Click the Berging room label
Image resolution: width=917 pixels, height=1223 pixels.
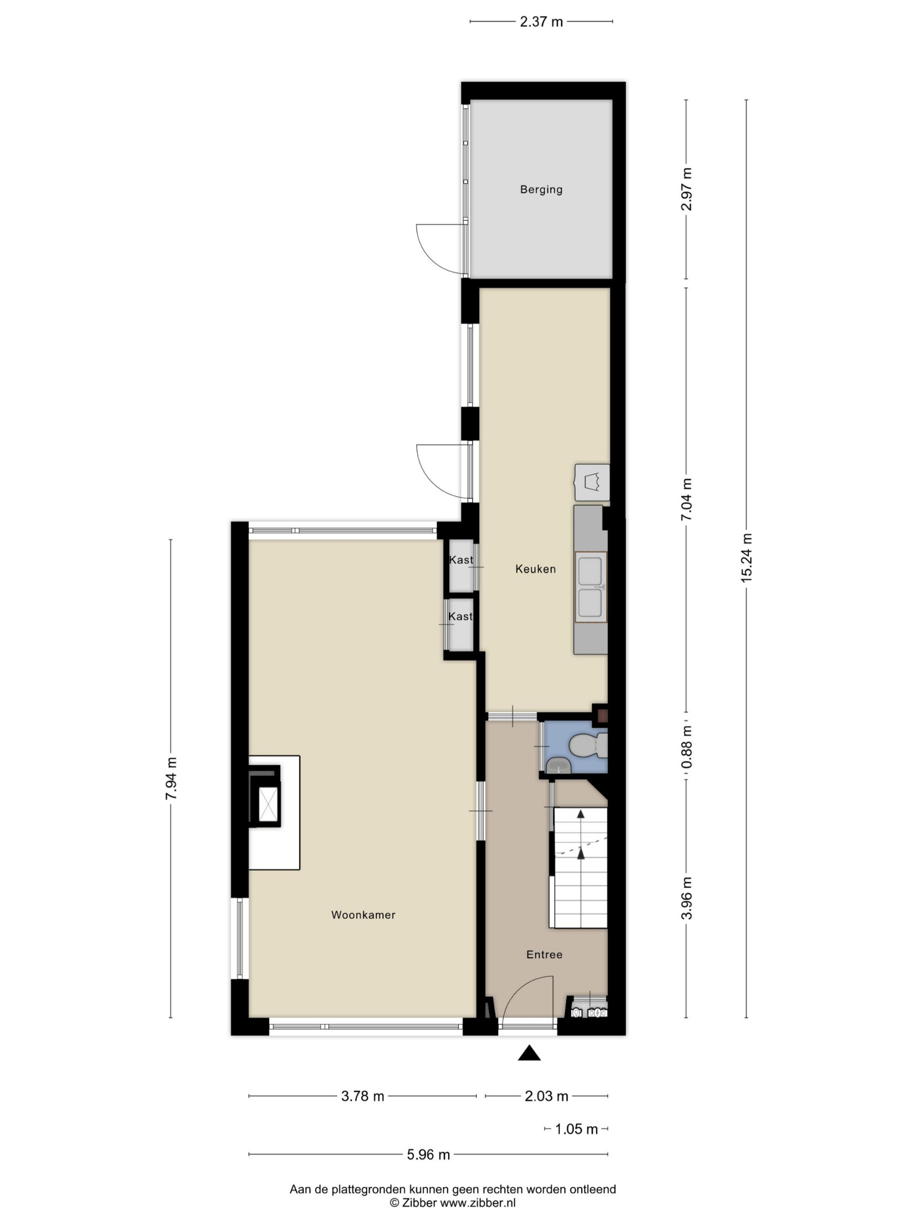(541, 190)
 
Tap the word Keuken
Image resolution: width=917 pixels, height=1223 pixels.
(535, 569)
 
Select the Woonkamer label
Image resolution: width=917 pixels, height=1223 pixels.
(363, 915)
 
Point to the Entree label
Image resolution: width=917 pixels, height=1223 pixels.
(544, 955)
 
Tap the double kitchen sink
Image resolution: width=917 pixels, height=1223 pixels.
(590, 587)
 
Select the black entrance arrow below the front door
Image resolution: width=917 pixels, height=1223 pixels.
(529, 1053)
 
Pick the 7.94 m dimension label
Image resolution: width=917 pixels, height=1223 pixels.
(171, 779)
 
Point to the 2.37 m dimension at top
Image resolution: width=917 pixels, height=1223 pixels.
(541, 21)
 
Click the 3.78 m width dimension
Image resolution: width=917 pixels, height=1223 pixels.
(363, 1096)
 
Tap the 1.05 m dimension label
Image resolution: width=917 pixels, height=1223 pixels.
(576, 1128)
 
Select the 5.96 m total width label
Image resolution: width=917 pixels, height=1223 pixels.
(428, 1154)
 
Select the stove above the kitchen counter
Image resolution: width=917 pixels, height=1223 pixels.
(592, 483)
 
